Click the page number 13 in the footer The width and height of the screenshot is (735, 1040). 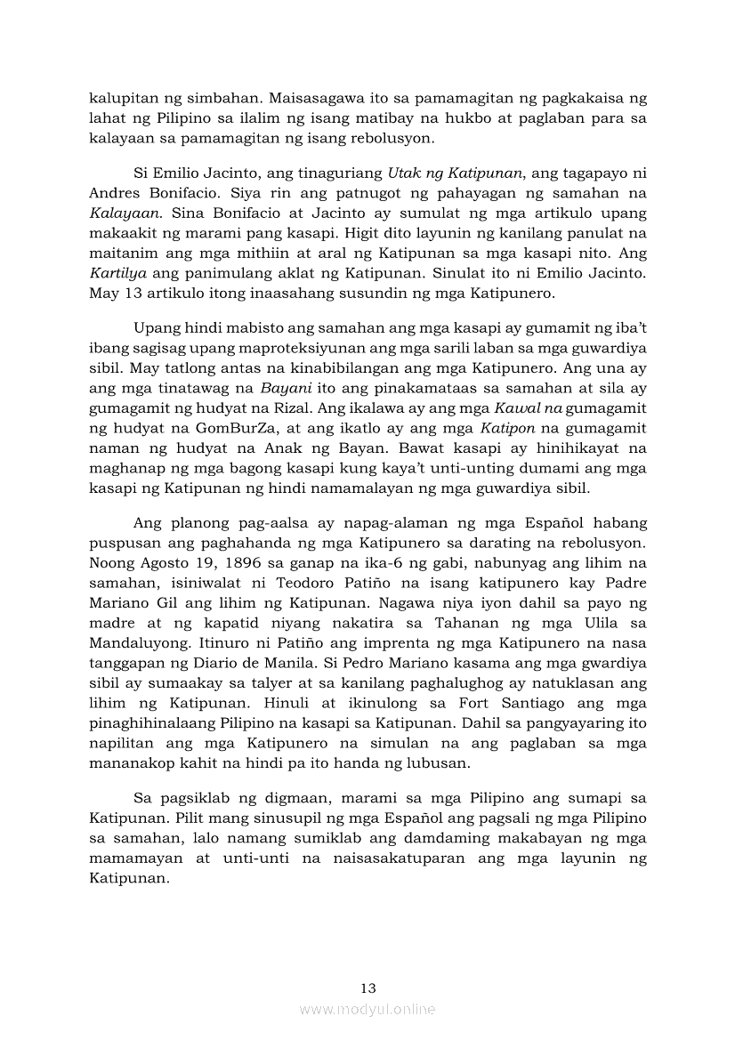coord(367,988)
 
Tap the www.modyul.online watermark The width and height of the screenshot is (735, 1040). coord(367,1009)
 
